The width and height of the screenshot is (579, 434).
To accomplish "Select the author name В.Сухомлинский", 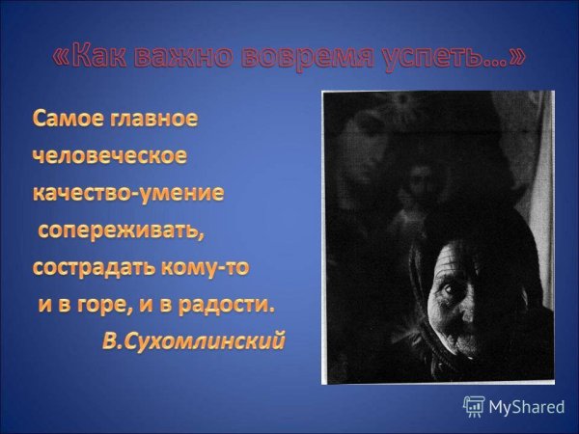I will [193, 342].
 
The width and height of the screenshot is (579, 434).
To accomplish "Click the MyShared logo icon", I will [474, 406].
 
